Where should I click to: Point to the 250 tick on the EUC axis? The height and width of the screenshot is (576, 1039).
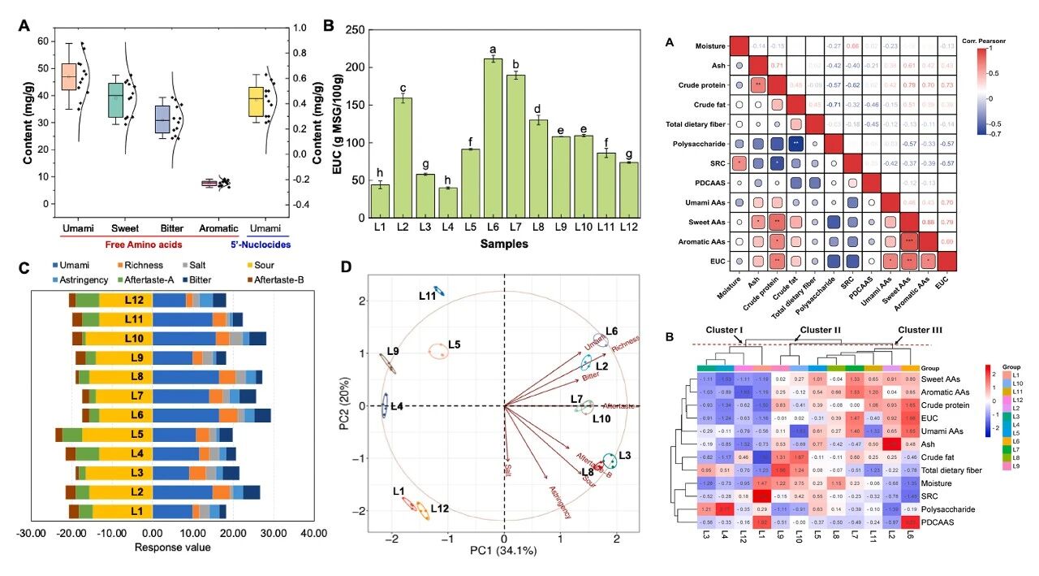[x=351, y=29]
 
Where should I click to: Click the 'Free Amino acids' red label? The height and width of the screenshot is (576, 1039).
[x=142, y=242]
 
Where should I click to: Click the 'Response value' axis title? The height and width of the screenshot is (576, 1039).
[x=171, y=547]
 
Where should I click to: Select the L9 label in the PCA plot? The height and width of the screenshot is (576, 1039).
[x=393, y=351]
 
